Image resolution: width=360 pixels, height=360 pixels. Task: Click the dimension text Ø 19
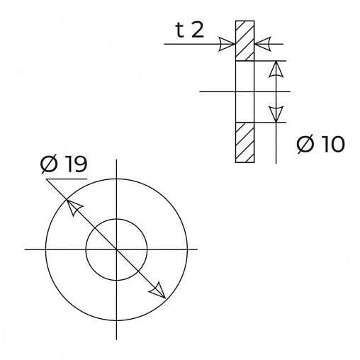pyautogui.click(x=64, y=165)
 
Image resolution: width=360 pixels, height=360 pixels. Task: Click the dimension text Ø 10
pyautogui.click(x=320, y=145)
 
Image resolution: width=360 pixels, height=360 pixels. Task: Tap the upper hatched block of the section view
pyautogui.click(x=245, y=41)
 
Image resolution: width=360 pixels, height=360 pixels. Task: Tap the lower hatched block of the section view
pyautogui.click(x=245, y=142)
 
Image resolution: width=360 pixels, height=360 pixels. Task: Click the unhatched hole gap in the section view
pyautogui.click(x=245, y=92)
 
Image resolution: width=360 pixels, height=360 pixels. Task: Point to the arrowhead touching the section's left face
pyautogui.click(x=227, y=45)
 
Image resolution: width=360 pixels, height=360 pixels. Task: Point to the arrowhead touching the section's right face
pyautogui.click(x=264, y=45)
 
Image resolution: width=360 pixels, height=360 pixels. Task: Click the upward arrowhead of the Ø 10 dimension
pyautogui.click(x=276, y=69)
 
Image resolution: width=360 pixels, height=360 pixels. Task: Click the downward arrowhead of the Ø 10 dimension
pyautogui.click(x=276, y=114)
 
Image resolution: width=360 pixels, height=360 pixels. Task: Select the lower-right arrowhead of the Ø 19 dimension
pyautogui.click(x=159, y=291)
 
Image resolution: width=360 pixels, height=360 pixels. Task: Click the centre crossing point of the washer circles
pyautogui.click(x=116, y=249)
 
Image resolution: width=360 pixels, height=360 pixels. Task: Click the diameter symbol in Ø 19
pyautogui.click(x=49, y=165)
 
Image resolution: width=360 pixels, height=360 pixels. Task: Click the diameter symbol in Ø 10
pyautogui.click(x=305, y=145)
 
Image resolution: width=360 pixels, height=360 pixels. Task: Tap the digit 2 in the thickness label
pyautogui.click(x=200, y=30)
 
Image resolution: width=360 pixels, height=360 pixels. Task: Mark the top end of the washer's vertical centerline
pyautogui.click(x=116, y=159)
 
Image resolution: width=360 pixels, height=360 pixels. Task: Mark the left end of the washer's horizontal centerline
pyautogui.click(x=26, y=249)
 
